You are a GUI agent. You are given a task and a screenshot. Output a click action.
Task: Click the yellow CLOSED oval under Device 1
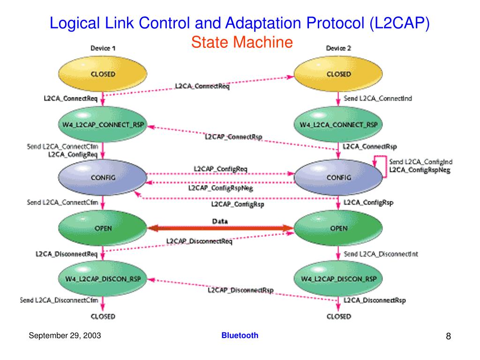(x=103, y=75)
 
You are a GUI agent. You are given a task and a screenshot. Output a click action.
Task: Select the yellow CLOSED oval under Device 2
(x=338, y=75)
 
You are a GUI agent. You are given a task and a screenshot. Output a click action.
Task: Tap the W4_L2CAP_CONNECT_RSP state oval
(x=103, y=125)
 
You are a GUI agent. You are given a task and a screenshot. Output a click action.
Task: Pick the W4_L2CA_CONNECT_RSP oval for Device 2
(x=338, y=125)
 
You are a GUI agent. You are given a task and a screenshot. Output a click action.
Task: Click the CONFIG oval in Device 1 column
(x=103, y=177)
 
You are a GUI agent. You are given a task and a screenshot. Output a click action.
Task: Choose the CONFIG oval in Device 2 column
(x=338, y=177)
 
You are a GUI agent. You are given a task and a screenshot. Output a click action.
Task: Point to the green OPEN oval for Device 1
(x=103, y=228)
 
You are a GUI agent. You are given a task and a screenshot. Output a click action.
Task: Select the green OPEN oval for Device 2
(x=338, y=228)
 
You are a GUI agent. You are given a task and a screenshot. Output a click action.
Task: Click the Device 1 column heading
(x=102, y=48)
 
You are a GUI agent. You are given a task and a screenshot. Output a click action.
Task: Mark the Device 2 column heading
(x=338, y=48)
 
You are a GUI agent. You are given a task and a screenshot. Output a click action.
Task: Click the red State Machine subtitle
(x=241, y=43)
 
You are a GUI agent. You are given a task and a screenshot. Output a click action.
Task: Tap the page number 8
(x=448, y=337)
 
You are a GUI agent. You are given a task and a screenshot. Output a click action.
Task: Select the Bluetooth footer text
(x=240, y=335)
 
